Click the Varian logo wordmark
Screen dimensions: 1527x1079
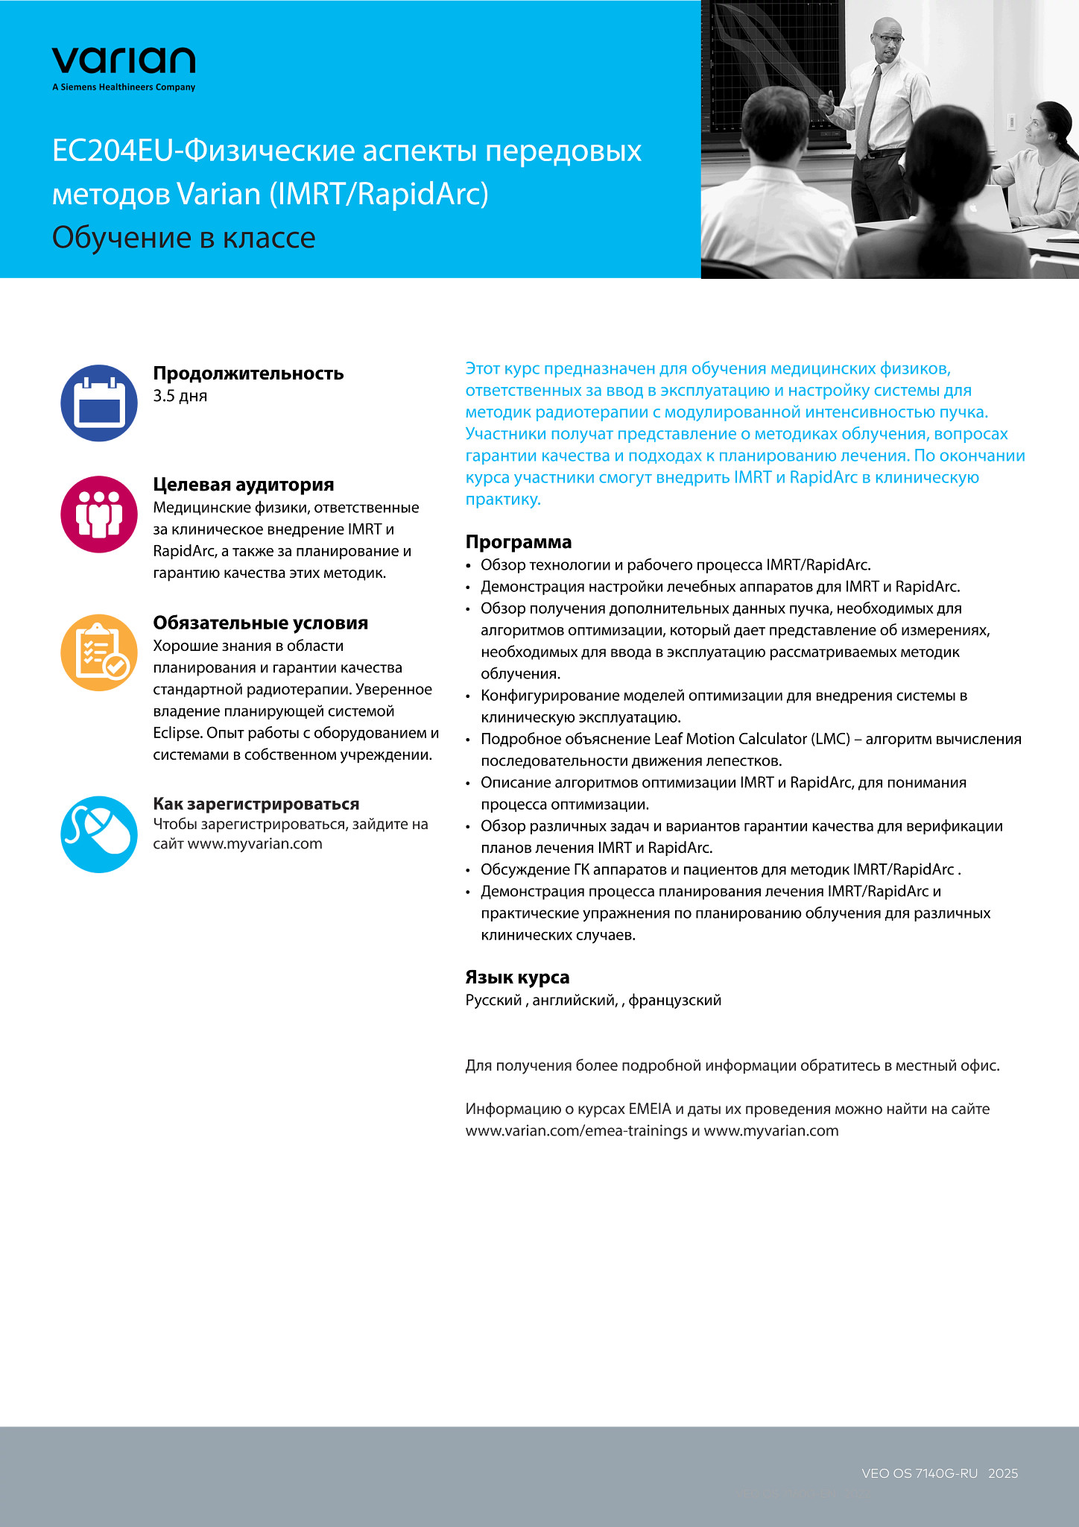[124, 60]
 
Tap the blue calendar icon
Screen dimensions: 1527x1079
[99, 403]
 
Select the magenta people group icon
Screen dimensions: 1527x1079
[99, 514]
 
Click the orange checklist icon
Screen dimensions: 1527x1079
[99, 652]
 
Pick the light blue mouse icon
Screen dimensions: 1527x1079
[99, 834]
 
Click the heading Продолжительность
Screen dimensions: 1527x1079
[248, 373]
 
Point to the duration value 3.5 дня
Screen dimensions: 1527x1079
[180, 396]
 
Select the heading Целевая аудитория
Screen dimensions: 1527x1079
[243, 485]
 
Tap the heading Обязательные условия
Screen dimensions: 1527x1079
[260, 623]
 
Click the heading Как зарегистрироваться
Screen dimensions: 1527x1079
[256, 804]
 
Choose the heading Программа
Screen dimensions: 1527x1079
[518, 542]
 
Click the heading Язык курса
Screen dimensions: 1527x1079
[517, 977]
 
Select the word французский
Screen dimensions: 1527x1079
[674, 1000]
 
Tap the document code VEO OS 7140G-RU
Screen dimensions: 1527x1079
[919, 1473]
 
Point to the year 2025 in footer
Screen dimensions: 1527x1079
[1003, 1473]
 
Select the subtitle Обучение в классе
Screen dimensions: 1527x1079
[183, 238]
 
